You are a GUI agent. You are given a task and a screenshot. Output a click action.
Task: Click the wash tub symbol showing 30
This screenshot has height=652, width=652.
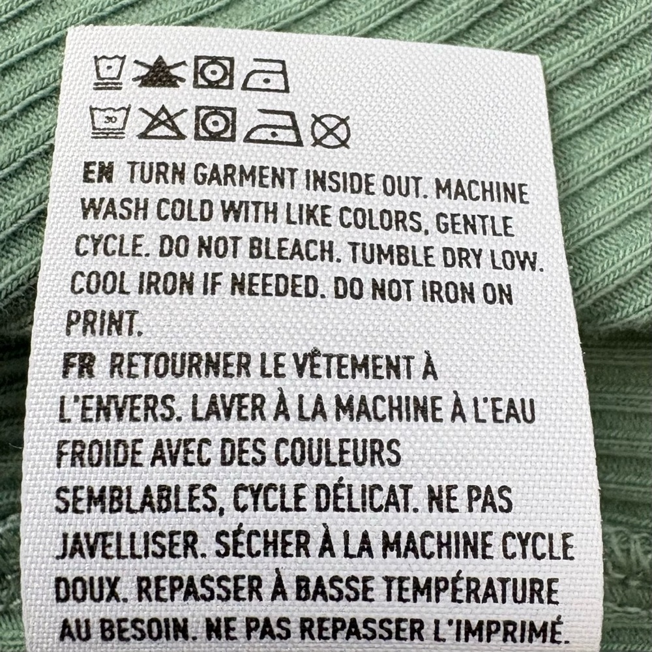110,122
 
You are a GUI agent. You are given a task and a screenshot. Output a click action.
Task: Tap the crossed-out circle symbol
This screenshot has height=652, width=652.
331,130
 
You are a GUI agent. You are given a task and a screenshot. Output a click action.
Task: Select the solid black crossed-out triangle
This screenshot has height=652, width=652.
159,73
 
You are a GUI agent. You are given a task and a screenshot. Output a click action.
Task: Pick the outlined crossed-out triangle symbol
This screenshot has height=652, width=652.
162,123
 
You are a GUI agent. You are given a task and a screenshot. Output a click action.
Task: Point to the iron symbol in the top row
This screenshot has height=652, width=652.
265,76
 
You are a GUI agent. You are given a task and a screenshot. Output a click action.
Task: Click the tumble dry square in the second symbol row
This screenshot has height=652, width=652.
215,123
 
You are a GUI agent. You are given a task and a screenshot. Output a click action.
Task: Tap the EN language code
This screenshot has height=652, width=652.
98,173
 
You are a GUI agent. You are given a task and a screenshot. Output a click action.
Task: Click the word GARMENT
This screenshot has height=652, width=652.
246,177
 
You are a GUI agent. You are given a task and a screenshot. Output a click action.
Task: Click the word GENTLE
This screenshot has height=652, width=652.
474,225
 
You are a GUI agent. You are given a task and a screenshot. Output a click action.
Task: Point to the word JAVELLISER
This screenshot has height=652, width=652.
128,545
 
